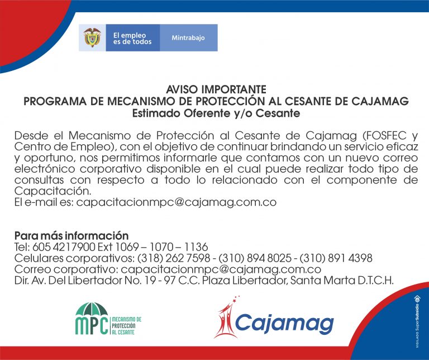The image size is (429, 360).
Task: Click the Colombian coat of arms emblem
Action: tap(92, 37)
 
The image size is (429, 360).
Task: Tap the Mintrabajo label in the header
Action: tap(188, 38)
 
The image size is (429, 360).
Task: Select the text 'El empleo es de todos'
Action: tap(132, 39)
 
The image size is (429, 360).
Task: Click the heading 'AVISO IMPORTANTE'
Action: tap(216, 89)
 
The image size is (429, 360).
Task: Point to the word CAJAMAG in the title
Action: tap(380, 101)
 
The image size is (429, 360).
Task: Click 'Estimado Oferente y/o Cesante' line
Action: tap(216, 113)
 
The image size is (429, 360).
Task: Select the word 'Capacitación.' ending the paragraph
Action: tap(53, 191)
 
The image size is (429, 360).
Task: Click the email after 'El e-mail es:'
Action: tap(176, 202)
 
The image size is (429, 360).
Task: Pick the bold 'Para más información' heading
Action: tap(71, 236)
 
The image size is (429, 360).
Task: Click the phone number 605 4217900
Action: tap(64, 247)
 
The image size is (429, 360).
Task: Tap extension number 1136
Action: tap(196, 247)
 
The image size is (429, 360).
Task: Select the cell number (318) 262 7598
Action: tap(174, 258)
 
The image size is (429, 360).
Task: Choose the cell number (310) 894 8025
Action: tap(255, 258)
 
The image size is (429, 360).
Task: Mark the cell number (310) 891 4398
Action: tap(336, 258)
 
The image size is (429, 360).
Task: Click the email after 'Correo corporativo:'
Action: tap(221, 269)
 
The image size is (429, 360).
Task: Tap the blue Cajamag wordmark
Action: tap(284, 323)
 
